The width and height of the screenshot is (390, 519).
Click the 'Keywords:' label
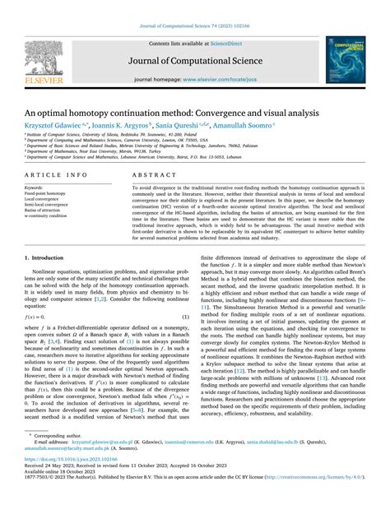pos(36,188)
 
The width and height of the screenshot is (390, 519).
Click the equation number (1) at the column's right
pos(186,316)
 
